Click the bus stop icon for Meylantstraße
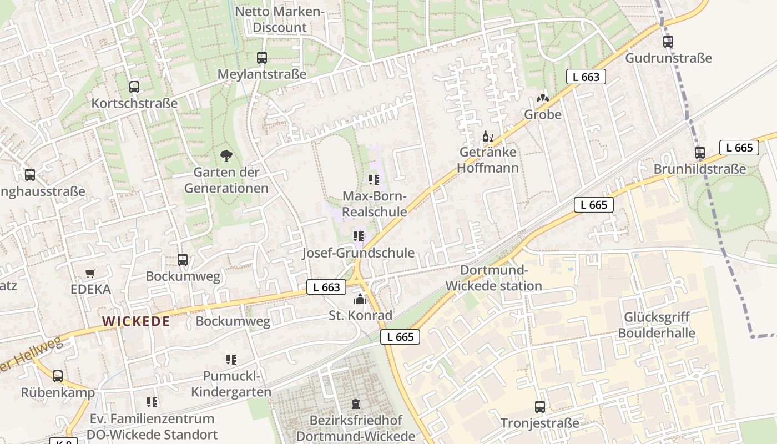point(261,58)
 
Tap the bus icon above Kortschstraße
point(134,87)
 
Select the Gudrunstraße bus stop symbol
point(668,42)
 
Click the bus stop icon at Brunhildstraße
point(699,153)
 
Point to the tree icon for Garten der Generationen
point(226,156)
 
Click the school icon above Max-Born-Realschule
point(374,180)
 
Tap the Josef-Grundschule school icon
point(359,237)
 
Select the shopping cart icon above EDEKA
point(90,273)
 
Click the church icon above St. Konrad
point(360,300)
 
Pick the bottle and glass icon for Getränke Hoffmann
point(488,137)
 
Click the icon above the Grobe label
point(542,99)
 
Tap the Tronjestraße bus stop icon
point(539,407)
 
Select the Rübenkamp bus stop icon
point(58,376)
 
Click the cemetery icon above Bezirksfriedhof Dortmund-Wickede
point(356,404)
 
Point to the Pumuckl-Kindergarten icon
point(231,360)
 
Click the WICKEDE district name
point(136,321)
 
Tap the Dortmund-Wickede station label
point(493,278)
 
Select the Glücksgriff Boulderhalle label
point(657,325)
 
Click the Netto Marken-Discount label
point(279,19)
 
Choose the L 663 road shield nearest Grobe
point(586,77)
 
